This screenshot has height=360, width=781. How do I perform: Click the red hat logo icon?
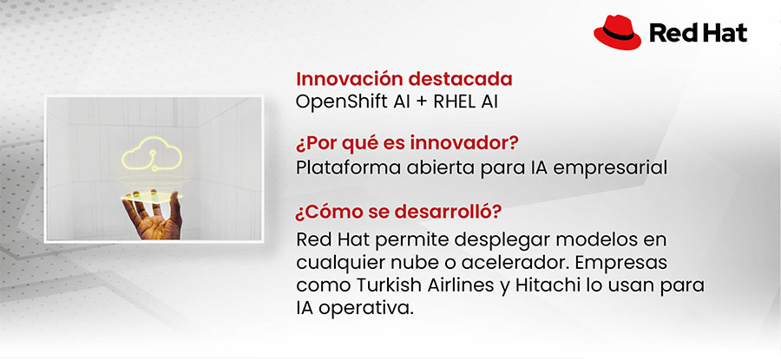617,33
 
